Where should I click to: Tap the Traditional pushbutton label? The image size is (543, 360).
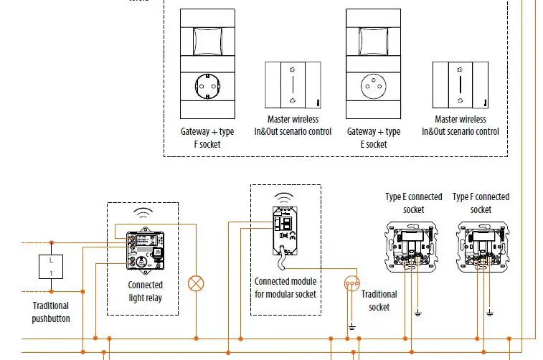coord(51,312)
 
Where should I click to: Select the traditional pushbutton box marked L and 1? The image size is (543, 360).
coord(51,265)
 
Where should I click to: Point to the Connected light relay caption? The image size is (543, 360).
coord(145,290)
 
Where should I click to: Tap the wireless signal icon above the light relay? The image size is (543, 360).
coord(144,214)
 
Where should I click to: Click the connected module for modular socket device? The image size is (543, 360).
coord(285,230)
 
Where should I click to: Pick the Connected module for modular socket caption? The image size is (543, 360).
coord(285,287)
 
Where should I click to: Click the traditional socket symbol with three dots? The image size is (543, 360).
coord(351,283)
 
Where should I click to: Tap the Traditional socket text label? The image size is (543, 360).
coord(379,300)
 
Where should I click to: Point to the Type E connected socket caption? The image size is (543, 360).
coord(413,203)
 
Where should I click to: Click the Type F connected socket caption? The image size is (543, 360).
coord(481,203)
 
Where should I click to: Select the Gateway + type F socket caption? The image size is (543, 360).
coord(207,138)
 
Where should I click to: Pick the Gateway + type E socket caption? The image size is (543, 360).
coord(373,138)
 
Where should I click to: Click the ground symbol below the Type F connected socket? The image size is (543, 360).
coord(490,313)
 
